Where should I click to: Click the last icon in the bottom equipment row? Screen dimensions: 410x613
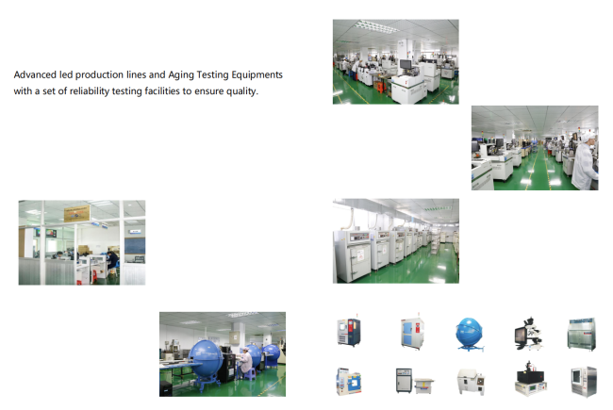(581, 382)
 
